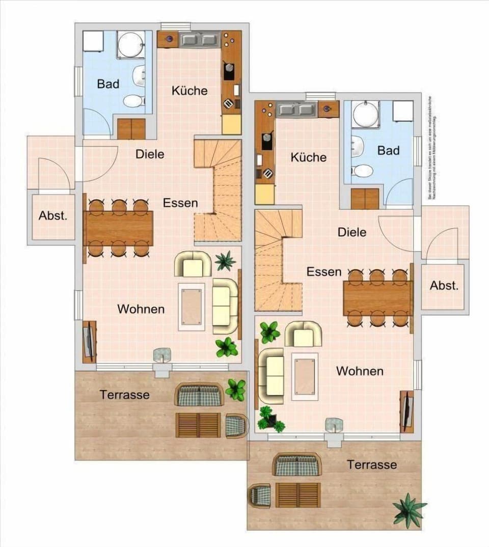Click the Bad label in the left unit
click(108, 84)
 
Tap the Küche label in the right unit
click(309, 157)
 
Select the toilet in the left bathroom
click(133, 101)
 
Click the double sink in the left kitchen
click(199, 39)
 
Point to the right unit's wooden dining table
click(377, 298)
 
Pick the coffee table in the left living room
click(192, 307)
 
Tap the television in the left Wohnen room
click(89, 341)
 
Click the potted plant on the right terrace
click(409, 510)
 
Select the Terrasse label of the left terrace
click(125, 395)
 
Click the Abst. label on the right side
click(444, 286)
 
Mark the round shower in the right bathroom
click(366, 114)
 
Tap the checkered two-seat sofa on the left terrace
click(199, 395)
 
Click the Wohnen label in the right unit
click(360, 371)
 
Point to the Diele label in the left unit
click(150, 154)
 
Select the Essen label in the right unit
click(324, 272)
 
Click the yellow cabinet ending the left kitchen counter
click(232, 124)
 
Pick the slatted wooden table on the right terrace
click(298, 495)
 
